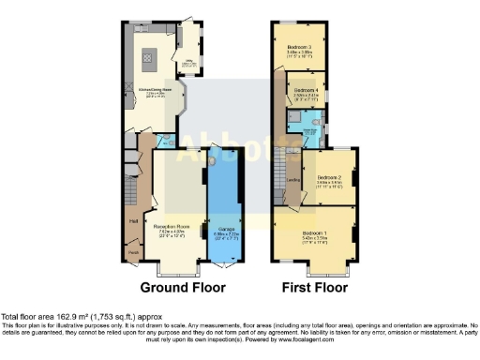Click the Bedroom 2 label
[327, 176]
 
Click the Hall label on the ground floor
[132, 221]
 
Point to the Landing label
[292, 181]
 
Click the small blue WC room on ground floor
[165, 142]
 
